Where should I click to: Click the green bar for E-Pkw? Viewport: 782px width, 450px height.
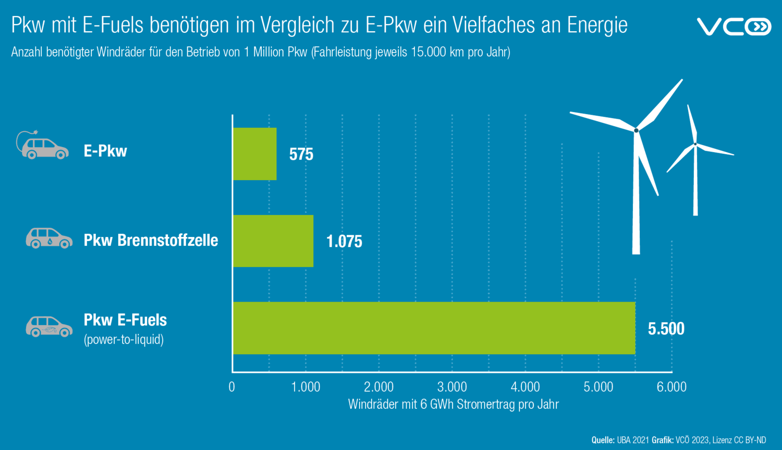(254, 154)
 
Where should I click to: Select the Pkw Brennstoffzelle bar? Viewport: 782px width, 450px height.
(273, 241)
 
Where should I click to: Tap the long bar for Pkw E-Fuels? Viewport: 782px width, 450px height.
(434, 328)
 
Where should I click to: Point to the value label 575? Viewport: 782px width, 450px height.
(301, 155)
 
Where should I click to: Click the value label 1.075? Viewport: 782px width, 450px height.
(344, 242)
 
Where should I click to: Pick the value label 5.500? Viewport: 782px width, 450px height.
(666, 329)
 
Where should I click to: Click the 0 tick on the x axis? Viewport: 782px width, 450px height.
(232, 387)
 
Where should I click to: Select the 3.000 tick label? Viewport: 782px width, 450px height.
(452, 387)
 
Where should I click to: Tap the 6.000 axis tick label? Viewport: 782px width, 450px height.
(671, 387)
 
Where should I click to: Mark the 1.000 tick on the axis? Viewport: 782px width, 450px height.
(306, 387)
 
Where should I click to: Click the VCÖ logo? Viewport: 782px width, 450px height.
(734, 27)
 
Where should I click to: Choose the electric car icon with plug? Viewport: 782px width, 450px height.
(42, 146)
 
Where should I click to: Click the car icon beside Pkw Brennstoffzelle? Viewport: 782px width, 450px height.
(49, 239)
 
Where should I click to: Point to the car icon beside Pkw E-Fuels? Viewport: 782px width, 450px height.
(49, 327)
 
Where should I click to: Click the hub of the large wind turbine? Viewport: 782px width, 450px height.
(636, 130)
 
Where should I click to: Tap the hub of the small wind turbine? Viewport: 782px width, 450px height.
(695, 144)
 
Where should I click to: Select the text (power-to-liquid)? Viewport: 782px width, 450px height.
(124, 340)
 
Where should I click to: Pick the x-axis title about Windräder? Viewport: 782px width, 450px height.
(453, 405)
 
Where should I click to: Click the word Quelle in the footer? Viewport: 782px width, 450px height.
(603, 440)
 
